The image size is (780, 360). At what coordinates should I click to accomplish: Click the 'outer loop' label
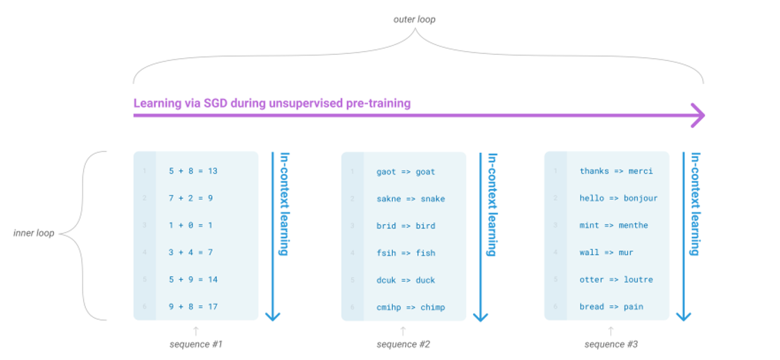(x=414, y=19)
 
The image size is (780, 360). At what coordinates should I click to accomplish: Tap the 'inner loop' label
(x=34, y=233)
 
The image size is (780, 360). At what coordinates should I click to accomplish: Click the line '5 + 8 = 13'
(x=193, y=171)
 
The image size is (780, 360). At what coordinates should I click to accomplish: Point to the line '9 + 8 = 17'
(x=193, y=307)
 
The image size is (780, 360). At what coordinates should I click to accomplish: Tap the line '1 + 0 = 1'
(x=190, y=225)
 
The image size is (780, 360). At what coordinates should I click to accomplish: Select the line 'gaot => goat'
(x=405, y=172)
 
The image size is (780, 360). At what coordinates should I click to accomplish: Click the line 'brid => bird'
(x=405, y=226)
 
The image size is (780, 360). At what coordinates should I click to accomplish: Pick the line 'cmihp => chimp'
(x=411, y=307)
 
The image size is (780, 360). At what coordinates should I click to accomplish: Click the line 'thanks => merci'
(x=616, y=171)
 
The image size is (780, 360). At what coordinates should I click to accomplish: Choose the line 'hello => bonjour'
(x=619, y=198)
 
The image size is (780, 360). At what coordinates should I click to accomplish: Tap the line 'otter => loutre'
(x=616, y=280)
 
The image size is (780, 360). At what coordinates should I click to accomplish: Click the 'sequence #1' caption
(x=196, y=344)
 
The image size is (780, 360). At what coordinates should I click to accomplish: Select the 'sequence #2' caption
(x=403, y=344)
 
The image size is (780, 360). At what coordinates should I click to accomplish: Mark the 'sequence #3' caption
(x=610, y=344)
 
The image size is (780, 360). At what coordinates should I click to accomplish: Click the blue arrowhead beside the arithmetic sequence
(x=273, y=315)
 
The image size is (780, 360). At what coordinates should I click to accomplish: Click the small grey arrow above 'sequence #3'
(x=610, y=330)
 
